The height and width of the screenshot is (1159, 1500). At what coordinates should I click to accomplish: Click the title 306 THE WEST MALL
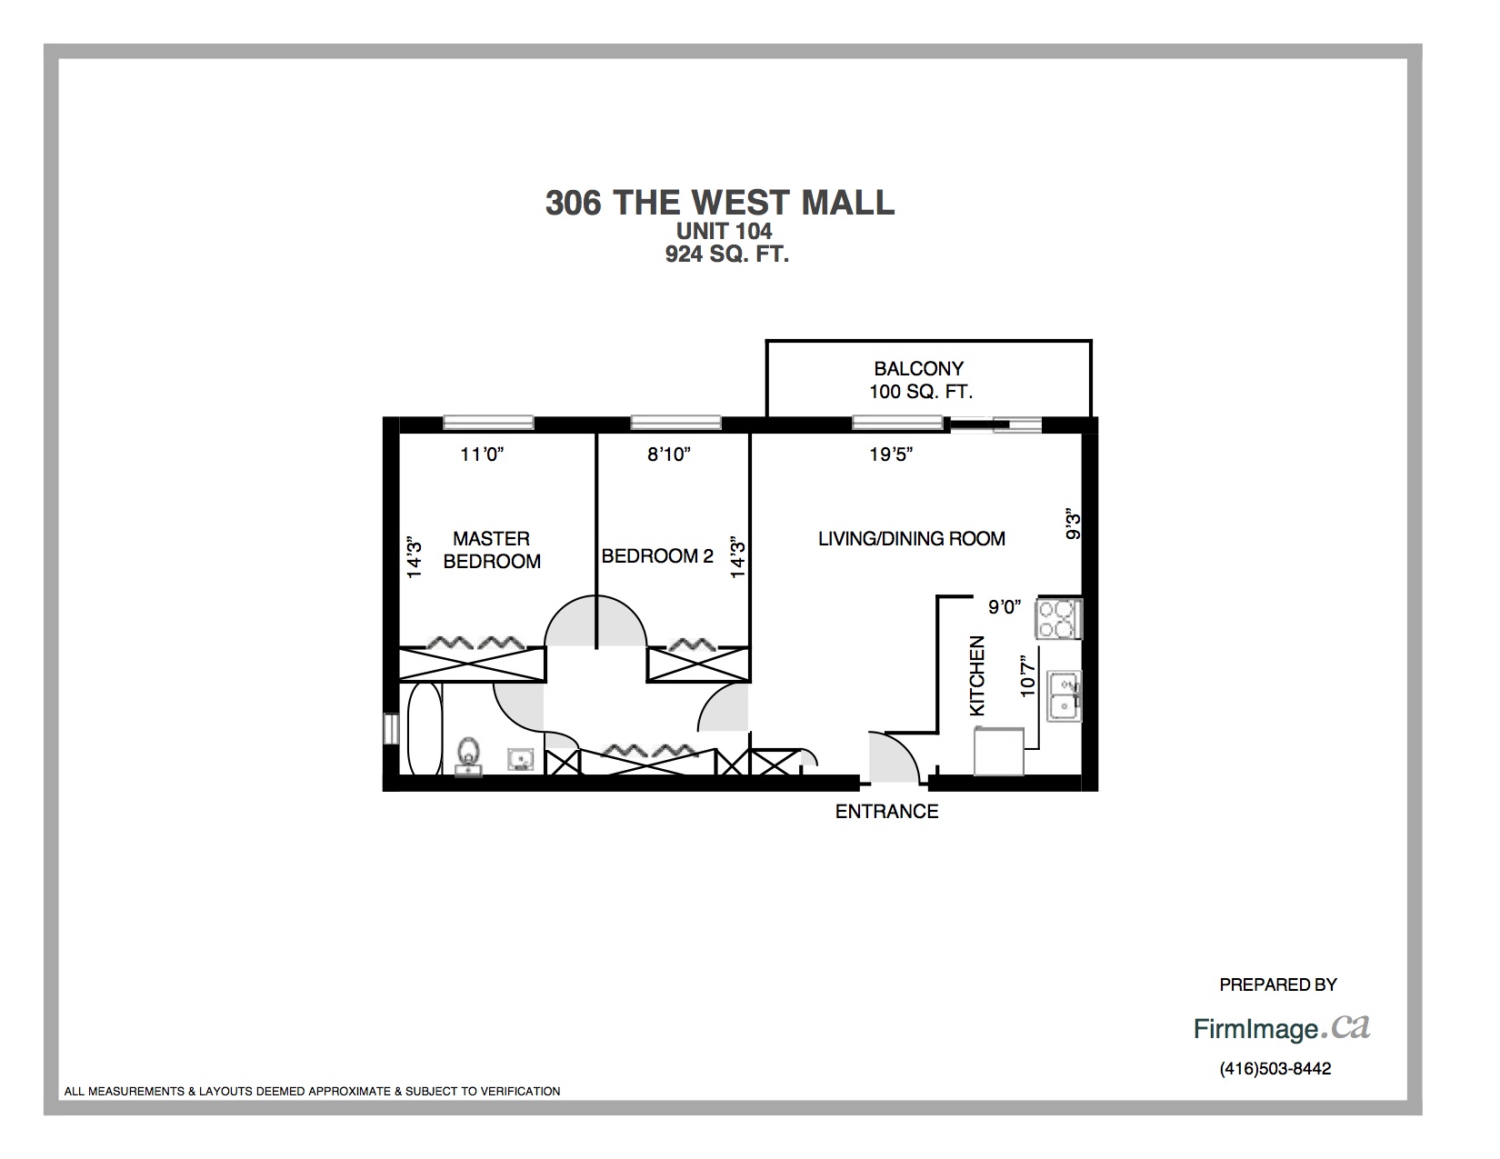click(720, 203)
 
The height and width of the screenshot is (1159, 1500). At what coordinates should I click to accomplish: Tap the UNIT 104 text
click(725, 231)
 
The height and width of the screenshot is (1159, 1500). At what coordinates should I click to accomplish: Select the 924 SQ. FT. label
click(727, 254)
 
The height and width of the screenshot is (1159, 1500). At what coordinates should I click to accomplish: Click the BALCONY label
click(919, 369)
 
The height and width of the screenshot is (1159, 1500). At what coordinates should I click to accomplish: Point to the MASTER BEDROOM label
click(492, 550)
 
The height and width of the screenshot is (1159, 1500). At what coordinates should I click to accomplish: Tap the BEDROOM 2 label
click(657, 556)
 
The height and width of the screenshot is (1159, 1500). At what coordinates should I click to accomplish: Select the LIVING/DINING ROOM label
click(911, 539)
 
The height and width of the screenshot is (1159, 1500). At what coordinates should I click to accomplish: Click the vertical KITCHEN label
click(977, 675)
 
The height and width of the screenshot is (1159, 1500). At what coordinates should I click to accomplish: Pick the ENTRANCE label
click(887, 812)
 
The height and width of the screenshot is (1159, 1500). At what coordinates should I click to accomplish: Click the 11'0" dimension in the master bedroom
click(482, 455)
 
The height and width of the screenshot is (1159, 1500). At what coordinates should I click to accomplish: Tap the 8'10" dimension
click(669, 455)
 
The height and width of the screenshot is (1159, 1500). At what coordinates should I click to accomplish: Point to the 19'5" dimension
click(891, 455)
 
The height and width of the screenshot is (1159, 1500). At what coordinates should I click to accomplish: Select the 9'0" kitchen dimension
click(1005, 607)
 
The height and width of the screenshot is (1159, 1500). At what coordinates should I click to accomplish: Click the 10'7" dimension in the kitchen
click(1028, 675)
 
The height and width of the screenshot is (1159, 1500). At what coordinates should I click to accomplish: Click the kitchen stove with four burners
click(1059, 618)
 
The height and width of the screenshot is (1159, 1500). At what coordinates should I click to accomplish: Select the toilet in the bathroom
click(469, 755)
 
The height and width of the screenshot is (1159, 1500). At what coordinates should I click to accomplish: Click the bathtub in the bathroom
click(425, 729)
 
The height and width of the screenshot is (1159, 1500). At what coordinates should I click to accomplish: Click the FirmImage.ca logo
click(1282, 1028)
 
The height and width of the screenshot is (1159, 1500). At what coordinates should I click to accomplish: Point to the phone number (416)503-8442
click(1275, 1069)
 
